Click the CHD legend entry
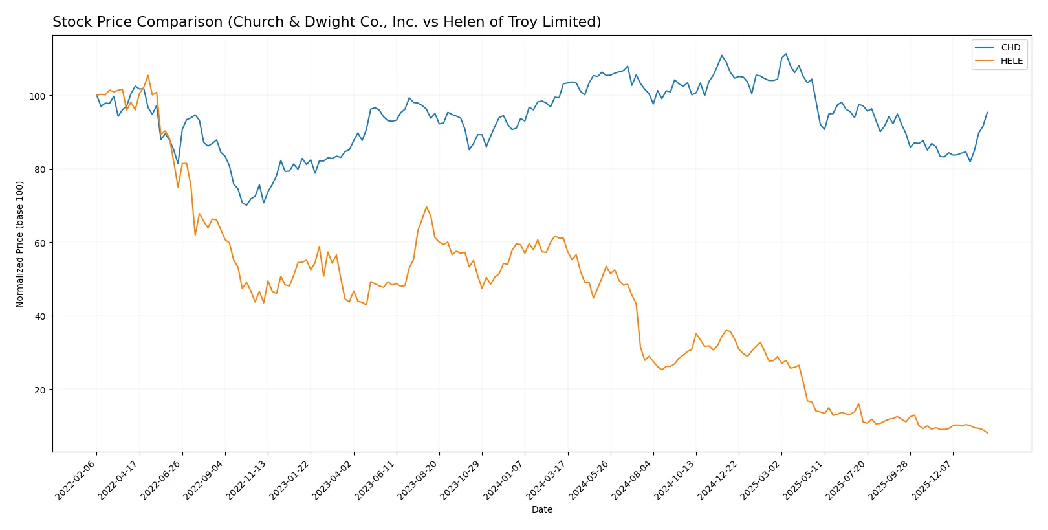pyautogui.click(x=1010, y=47)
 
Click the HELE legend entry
pyautogui.click(x=1011, y=61)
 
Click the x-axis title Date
pyautogui.click(x=541, y=509)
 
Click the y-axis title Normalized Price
pyautogui.click(x=20, y=244)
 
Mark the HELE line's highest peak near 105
pyautogui.click(x=147, y=76)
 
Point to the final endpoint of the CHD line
pyautogui.click(x=987, y=112)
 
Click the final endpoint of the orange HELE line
pyautogui.click(x=987, y=433)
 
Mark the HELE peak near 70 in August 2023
pyautogui.click(x=426, y=207)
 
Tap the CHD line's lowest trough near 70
pyautogui.click(x=246, y=205)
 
